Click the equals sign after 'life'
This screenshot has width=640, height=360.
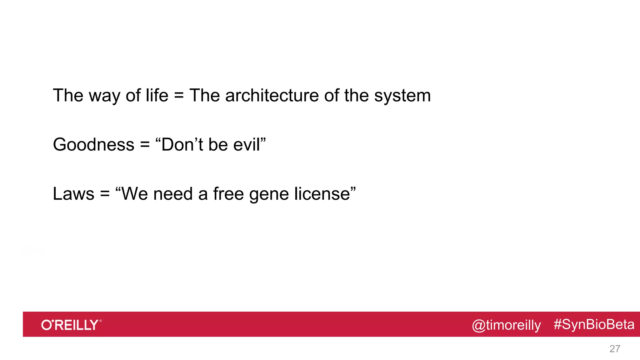[179, 96]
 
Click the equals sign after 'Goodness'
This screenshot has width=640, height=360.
[145, 145]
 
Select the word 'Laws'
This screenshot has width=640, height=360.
[73, 193]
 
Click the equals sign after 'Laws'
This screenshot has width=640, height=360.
[105, 194]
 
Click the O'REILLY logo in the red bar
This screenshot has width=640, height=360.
[71, 325]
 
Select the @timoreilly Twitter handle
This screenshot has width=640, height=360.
[506, 325]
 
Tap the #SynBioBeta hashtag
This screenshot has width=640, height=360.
[594, 324]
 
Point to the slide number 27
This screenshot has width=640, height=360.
[615, 349]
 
